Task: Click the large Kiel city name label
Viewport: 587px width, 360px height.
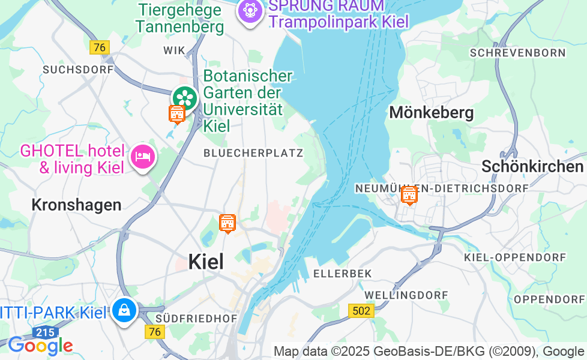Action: [x=206, y=262]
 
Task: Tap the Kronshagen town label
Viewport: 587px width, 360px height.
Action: [x=76, y=205]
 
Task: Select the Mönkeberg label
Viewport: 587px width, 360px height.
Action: [x=432, y=112]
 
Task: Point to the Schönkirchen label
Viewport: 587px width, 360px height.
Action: [x=532, y=166]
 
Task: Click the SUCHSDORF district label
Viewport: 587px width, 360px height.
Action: [x=78, y=70]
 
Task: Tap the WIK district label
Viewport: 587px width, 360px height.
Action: [x=175, y=50]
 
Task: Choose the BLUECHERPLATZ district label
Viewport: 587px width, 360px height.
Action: [x=253, y=153]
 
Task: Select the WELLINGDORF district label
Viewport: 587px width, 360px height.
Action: [x=406, y=295]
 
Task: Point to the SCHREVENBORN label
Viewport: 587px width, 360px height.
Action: [x=518, y=53]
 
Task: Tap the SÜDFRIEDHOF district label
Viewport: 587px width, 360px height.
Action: [x=196, y=318]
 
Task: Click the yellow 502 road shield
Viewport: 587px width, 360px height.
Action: [x=361, y=310]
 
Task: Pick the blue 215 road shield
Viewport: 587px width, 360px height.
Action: [x=46, y=332]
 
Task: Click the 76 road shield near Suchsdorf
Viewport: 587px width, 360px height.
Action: [x=100, y=47]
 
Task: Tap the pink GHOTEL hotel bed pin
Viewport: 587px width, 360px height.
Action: [x=143, y=157]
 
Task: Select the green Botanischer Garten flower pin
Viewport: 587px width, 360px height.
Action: [x=185, y=98]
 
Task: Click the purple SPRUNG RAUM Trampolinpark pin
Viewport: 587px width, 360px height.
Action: [x=250, y=11]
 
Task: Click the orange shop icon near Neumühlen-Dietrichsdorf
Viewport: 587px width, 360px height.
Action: [x=409, y=194]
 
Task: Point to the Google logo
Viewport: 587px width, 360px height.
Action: [x=40, y=345]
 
